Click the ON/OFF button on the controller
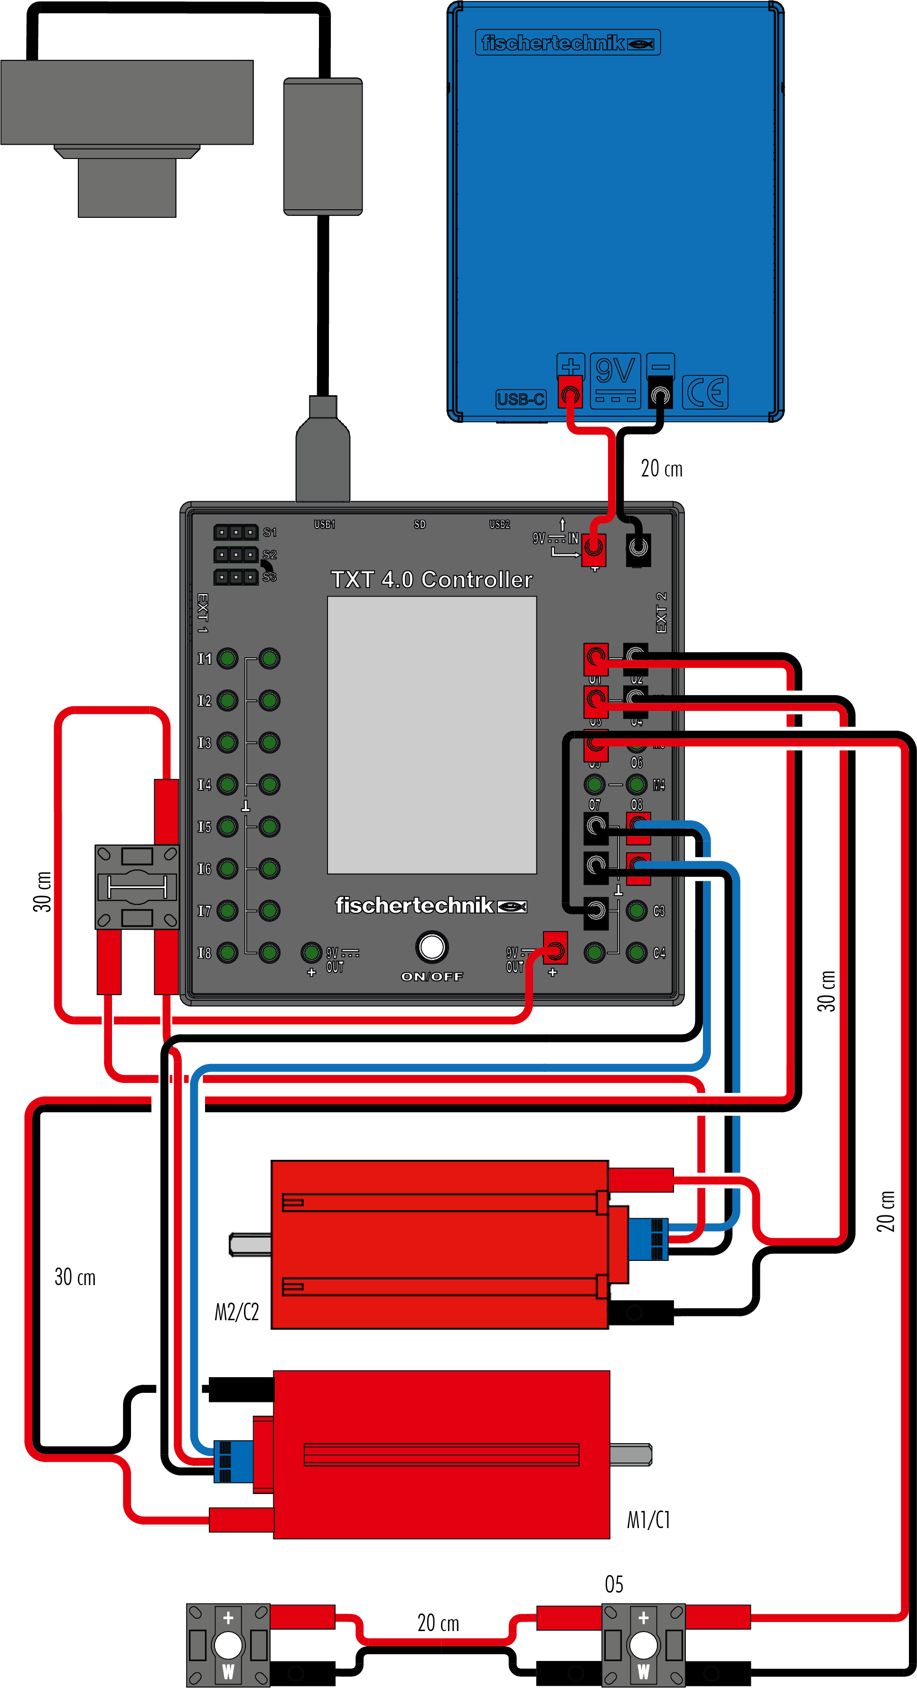[x=431, y=947]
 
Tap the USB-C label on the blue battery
[x=521, y=399]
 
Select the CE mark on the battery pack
[x=705, y=392]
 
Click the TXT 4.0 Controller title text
[x=431, y=579]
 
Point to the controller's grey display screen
[x=432, y=735]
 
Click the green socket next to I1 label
[x=227, y=659]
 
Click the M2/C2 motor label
[x=237, y=1312]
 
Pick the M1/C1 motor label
[x=648, y=1520]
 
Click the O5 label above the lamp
[x=614, y=1584]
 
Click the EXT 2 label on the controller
[x=661, y=613]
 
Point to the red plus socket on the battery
[x=570, y=394]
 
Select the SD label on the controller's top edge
[x=420, y=524]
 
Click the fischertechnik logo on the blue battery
[x=568, y=43]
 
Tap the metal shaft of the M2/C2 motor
[x=251, y=1244]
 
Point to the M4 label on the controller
[x=659, y=784]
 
